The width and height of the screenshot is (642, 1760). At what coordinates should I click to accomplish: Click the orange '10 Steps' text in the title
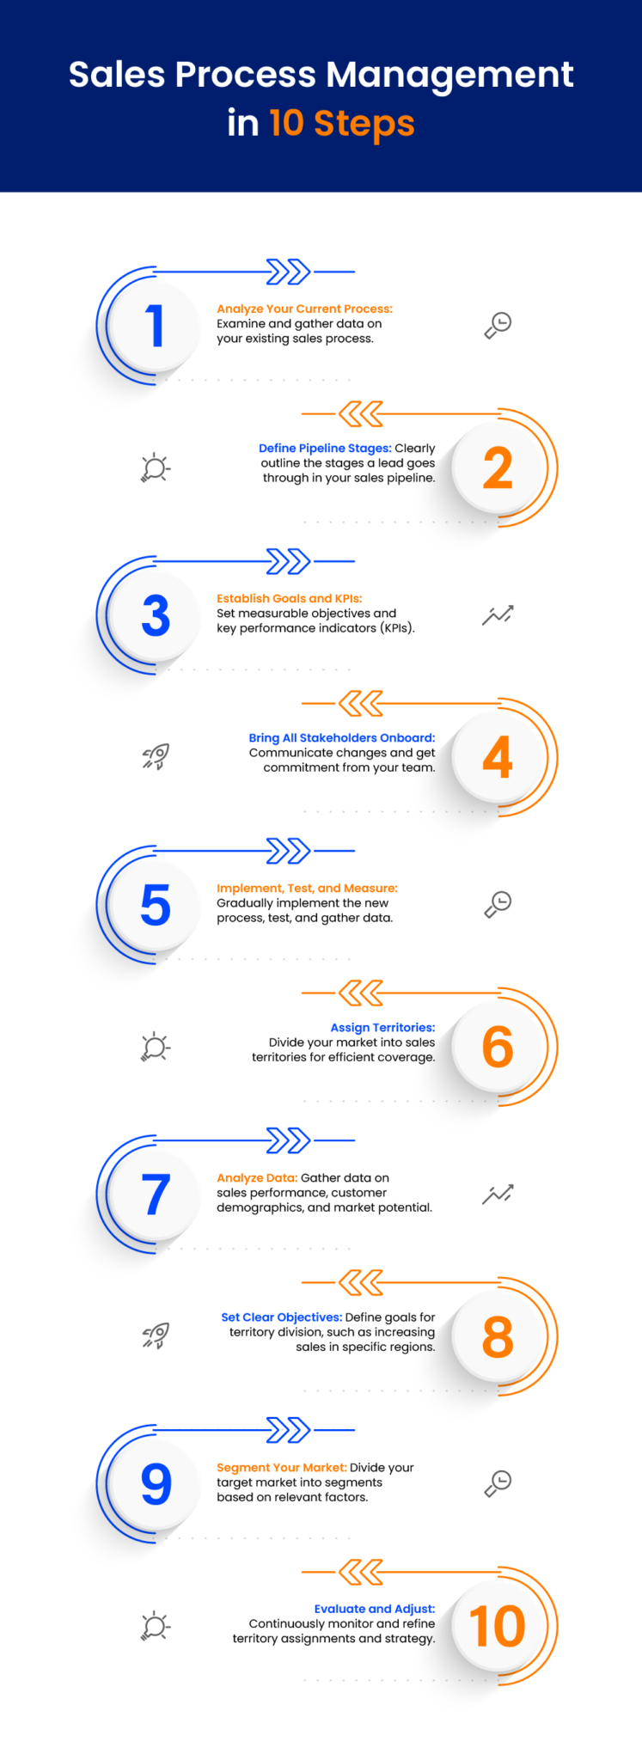[341, 123]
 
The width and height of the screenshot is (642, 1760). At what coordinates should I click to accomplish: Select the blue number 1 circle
[156, 327]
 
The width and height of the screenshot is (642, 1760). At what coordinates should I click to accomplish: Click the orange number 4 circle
[498, 758]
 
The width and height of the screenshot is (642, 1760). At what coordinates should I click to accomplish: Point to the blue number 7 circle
[156, 1195]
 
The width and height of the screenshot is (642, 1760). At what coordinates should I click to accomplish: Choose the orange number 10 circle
[498, 1627]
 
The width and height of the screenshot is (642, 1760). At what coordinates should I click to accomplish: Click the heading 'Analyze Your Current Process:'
[304, 309]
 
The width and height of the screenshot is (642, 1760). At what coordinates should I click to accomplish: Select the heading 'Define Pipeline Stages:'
[325, 449]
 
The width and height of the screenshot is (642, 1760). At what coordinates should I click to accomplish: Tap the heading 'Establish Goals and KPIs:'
[290, 599]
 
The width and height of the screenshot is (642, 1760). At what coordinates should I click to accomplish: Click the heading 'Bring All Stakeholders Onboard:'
[341, 738]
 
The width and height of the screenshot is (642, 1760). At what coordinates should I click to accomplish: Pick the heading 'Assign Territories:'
[382, 1028]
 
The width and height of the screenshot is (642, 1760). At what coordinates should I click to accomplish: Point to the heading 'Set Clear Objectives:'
[282, 1317]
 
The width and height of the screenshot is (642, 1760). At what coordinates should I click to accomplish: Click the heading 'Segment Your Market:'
[282, 1468]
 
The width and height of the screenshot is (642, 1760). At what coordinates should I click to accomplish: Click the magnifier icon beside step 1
[498, 325]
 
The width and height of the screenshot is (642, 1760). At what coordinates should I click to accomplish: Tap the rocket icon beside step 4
[156, 757]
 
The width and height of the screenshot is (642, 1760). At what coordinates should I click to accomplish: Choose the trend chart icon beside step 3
[498, 615]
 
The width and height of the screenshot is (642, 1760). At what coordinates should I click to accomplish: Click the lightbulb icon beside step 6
[156, 1048]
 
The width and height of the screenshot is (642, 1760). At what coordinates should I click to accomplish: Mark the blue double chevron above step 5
[288, 851]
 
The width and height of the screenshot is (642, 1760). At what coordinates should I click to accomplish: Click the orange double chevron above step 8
[361, 1283]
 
